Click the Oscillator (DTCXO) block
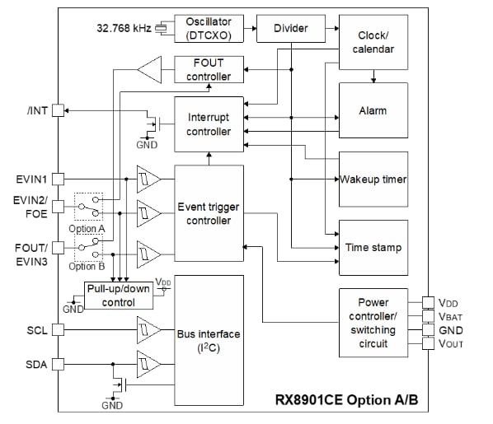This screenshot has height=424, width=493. [x=209, y=28]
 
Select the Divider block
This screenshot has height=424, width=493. [x=290, y=28]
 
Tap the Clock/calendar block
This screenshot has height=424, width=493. [x=373, y=43]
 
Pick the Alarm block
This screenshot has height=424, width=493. [x=373, y=110]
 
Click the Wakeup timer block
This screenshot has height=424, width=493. [x=373, y=179]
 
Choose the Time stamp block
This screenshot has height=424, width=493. [x=373, y=247]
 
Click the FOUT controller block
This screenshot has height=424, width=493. [x=209, y=69]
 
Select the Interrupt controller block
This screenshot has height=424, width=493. [x=209, y=124]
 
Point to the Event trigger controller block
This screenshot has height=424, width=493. [x=209, y=213]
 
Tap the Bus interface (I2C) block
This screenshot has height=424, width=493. [x=209, y=340]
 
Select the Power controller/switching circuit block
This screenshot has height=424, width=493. [x=373, y=323]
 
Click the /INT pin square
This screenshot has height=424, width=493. [x=58, y=111]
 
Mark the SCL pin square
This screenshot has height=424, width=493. [x=58, y=329]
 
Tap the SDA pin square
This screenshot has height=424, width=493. [x=58, y=364]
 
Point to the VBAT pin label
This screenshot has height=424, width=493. [x=450, y=316]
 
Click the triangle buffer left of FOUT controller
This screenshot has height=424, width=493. [x=151, y=69]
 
